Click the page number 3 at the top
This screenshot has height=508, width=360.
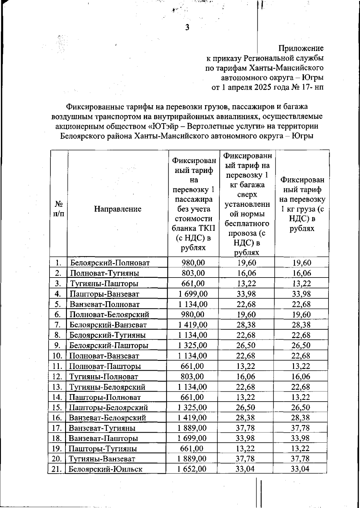(187, 28)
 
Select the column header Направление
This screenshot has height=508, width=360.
(118, 209)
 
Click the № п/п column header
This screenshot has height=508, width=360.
(59, 209)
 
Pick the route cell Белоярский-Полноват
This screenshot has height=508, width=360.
(109, 263)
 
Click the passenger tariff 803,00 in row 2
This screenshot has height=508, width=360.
(193, 273)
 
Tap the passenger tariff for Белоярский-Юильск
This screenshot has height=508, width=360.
(192, 469)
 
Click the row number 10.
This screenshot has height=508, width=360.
(57, 356)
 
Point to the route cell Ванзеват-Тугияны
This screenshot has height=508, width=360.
(102, 428)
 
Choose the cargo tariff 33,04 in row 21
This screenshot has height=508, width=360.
(301, 469)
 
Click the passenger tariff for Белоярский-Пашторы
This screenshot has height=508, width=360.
(193, 345)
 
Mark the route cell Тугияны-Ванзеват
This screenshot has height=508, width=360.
(102, 459)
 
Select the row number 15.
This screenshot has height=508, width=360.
(57, 407)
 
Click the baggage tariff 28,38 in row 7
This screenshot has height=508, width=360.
(246, 325)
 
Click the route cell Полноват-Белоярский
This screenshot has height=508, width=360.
(109, 315)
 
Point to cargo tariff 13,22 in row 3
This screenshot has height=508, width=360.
(301, 284)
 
